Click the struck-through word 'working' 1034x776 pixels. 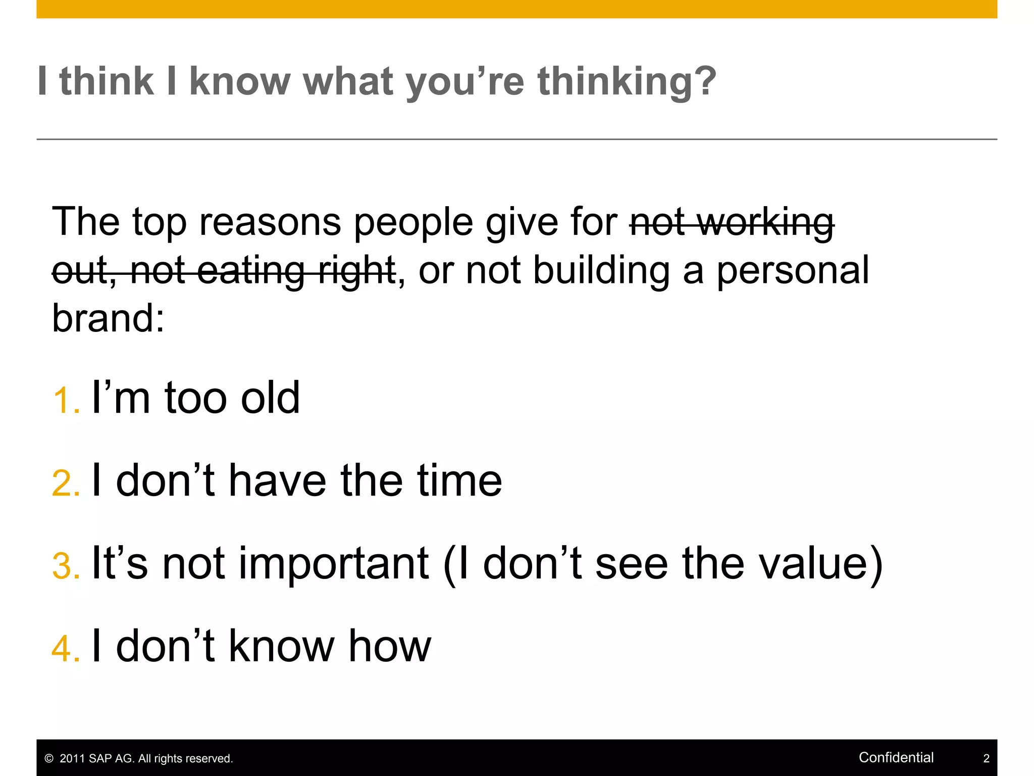tap(767, 222)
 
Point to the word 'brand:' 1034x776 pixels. tap(109, 318)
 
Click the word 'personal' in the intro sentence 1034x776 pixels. tap(793, 271)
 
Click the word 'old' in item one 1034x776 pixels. tap(270, 398)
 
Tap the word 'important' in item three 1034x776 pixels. tap(334, 564)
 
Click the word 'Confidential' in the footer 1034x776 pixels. tap(896, 757)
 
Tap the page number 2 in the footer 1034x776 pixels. tap(986, 758)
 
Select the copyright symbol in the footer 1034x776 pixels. tap(49, 759)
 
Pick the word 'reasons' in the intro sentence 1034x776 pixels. tap(270, 222)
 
